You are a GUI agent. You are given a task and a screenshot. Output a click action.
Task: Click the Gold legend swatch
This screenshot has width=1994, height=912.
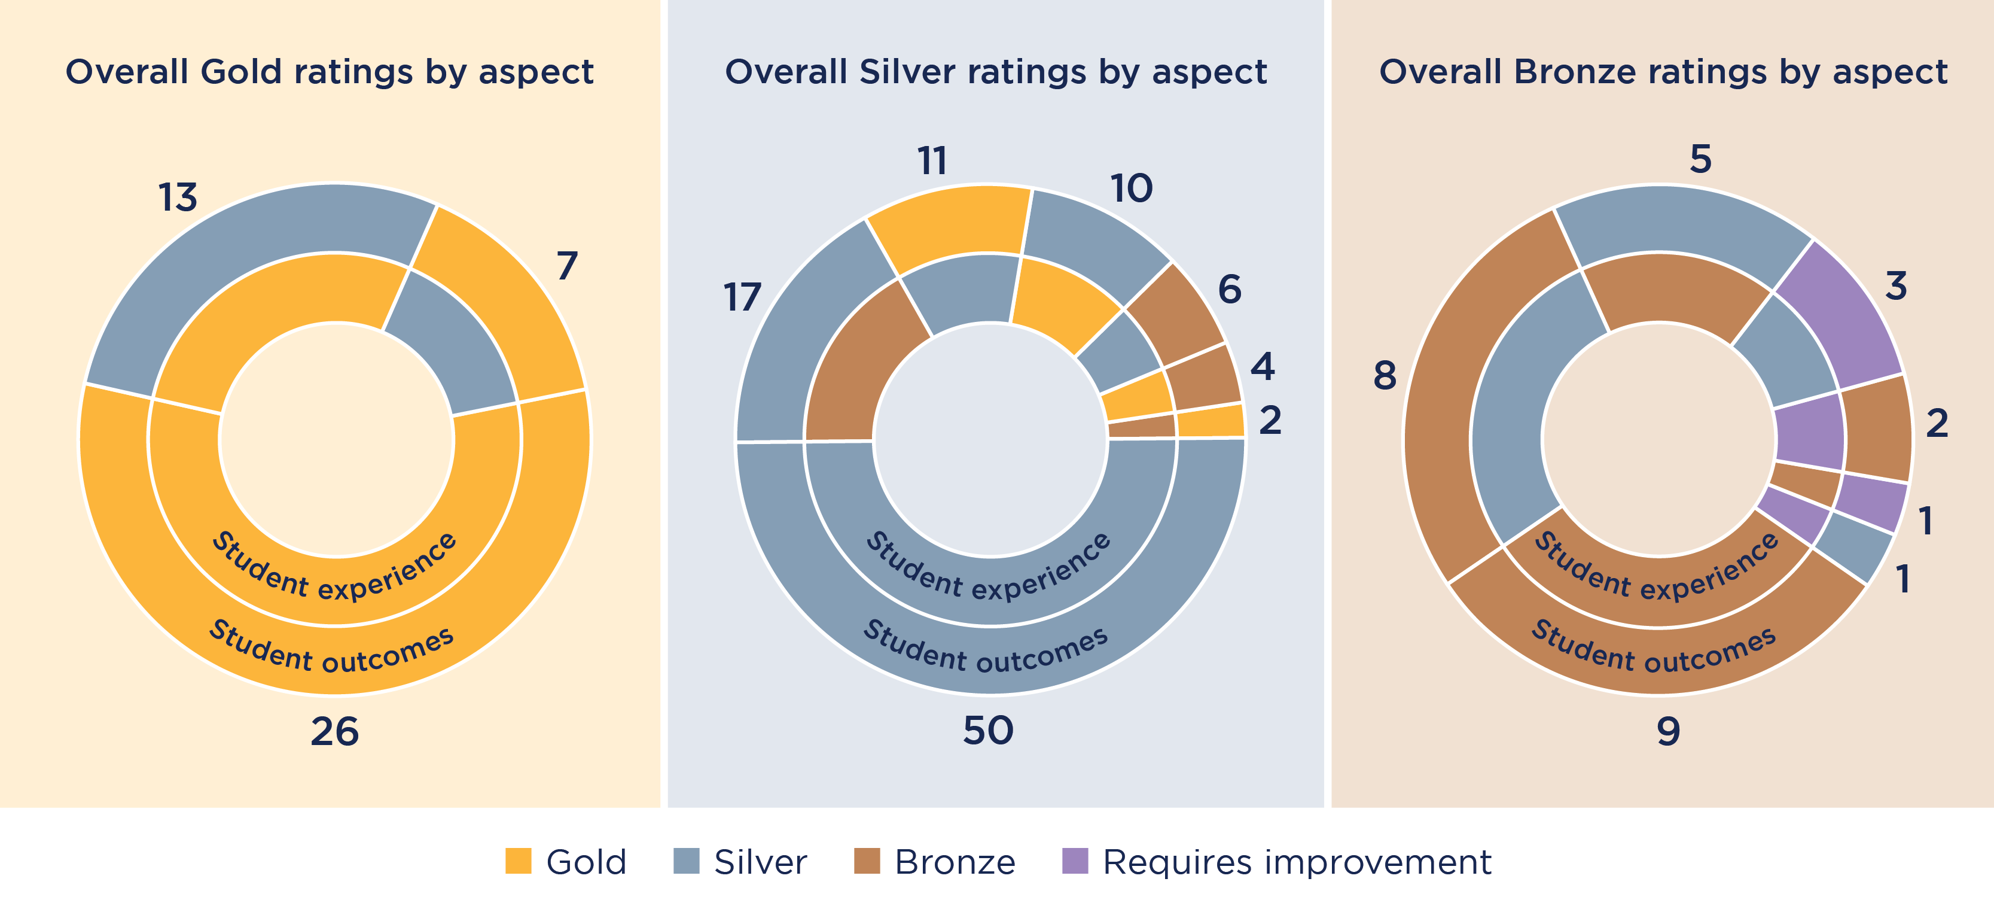[518, 861]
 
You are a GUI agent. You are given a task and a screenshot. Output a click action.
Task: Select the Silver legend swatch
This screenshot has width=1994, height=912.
[686, 861]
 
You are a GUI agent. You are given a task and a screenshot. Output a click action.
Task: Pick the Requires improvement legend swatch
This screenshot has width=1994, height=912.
[1074, 861]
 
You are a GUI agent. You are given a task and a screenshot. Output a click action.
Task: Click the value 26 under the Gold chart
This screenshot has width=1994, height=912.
[334, 731]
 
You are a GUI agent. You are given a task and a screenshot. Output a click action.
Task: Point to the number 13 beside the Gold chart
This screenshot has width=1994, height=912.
[178, 197]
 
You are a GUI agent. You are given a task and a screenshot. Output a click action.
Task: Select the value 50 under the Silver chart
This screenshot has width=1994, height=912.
[987, 730]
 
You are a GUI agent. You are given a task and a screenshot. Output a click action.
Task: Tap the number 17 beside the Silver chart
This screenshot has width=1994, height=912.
[742, 297]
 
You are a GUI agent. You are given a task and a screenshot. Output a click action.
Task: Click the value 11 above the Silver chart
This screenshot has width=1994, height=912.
[932, 161]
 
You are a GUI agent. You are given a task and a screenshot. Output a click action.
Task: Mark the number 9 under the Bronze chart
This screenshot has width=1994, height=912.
[1668, 731]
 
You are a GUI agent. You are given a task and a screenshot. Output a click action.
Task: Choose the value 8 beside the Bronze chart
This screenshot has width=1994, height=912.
[1385, 375]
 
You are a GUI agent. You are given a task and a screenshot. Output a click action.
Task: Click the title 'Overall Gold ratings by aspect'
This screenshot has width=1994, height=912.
[329, 72]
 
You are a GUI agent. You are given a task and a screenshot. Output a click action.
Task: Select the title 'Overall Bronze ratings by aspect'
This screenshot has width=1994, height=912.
[1663, 72]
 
